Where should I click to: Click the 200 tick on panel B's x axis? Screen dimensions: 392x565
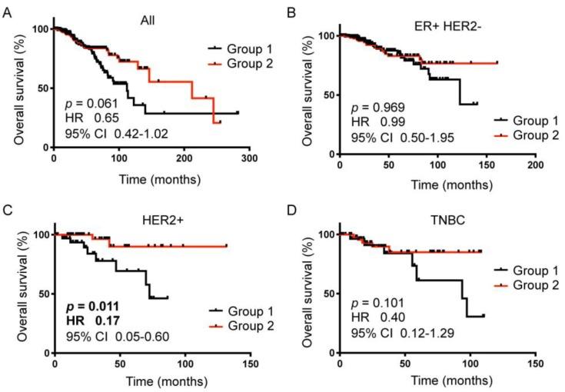(x=536, y=166)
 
